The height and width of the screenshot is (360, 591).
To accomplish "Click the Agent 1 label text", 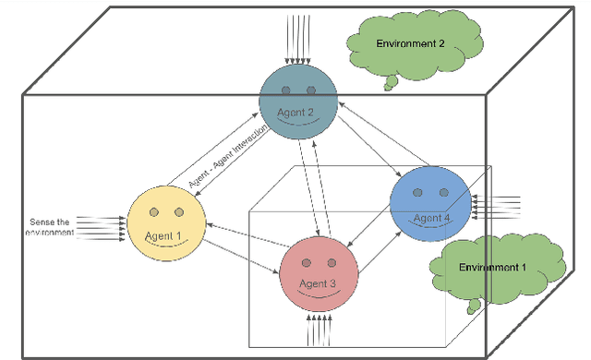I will [x=163, y=234].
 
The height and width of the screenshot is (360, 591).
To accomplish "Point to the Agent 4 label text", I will [x=431, y=218].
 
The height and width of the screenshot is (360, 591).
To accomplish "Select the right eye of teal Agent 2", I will [x=311, y=90].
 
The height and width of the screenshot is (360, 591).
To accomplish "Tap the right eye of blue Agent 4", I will [x=443, y=193].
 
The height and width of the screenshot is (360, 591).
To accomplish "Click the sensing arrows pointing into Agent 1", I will [x=102, y=226].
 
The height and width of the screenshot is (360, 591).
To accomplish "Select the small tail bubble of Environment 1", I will [x=474, y=305].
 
